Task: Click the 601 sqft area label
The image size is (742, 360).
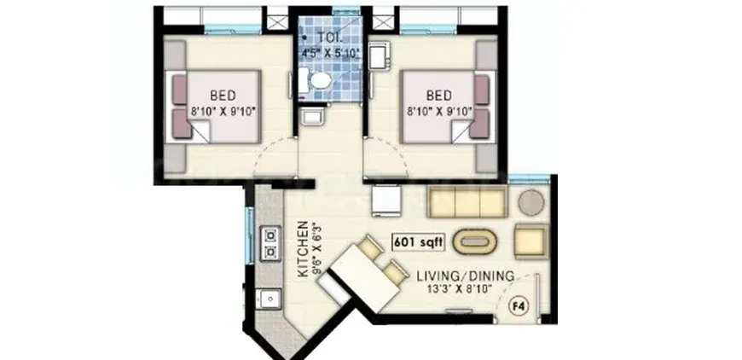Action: point(418,242)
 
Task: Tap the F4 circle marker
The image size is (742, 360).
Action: point(519,306)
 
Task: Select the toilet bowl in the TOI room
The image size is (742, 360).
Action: point(318,80)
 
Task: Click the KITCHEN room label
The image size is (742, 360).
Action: point(303,249)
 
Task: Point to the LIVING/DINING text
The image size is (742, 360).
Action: point(465,276)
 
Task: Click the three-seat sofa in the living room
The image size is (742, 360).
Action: point(467,201)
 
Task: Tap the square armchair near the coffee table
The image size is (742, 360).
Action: point(531,241)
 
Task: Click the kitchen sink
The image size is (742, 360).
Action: point(269,299)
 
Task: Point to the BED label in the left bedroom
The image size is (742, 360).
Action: point(223,96)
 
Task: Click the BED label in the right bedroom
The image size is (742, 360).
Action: point(438,96)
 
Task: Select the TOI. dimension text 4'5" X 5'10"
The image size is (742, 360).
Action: point(330,53)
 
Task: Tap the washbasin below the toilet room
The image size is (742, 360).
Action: point(312,115)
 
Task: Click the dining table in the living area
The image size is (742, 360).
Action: point(365,279)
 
